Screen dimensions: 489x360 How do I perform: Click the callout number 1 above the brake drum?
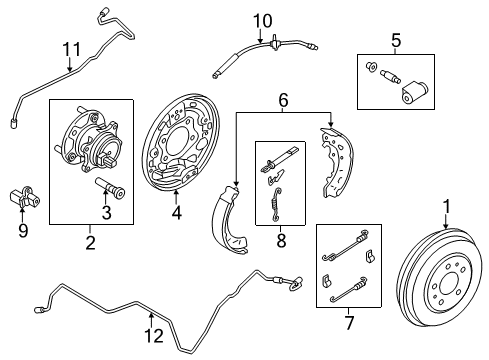pyautogui.click(x=446, y=207)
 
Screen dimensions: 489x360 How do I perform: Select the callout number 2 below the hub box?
pyautogui.click(x=90, y=243)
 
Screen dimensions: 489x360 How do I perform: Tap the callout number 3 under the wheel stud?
pyautogui.click(x=106, y=212)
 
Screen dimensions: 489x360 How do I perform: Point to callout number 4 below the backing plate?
pyautogui.click(x=177, y=212)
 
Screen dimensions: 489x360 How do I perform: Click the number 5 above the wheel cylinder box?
pyautogui.click(x=396, y=41)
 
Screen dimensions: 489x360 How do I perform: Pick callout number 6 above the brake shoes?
pyautogui.click(x=283, y=100)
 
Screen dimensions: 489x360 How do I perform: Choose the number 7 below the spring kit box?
pyautogui.click(x=349, y=323)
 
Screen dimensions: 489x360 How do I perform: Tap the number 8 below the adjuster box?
pyautogui.click(x=281, y=241)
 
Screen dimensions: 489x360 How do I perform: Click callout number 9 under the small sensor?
pyautogui.click(x=23, y=231)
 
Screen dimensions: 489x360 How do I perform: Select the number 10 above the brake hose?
pyautogui.click(x=263, y=21)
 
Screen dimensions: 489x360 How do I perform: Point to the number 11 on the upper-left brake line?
pyautogui.click(x=72, y=50)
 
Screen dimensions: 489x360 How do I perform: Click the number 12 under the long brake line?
pyautogui.click(x=154, y=336)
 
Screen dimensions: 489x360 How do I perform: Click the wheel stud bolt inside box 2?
pyautogui.click(x=110, y=188)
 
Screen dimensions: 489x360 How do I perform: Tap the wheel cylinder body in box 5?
pyautogui.click(x=414, y=92)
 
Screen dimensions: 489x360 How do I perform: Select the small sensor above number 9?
pyautogui.click(x=24, y=198)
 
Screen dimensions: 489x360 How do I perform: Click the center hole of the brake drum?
pyautogui.click(x=449, y=283)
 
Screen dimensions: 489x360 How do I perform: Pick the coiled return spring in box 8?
pyautogui.click(x=275, y=204)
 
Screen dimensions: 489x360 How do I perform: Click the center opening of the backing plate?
pyautogui.click(x=177, y=141)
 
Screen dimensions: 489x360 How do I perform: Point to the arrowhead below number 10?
pyautogui.click(x=260, y=40)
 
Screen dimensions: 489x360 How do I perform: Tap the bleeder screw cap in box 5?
pyautogui.click(x=371, y=67)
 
